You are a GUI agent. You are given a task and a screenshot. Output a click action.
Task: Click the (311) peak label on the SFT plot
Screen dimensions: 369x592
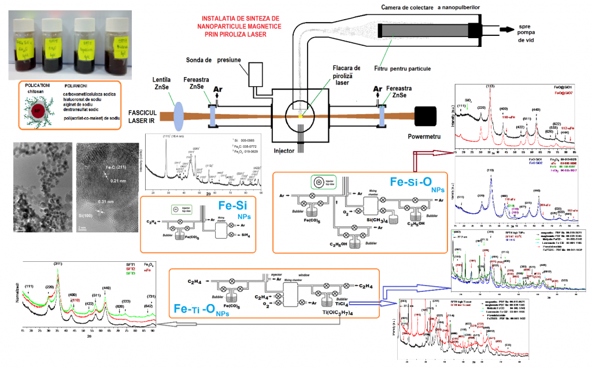click(58, 264)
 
